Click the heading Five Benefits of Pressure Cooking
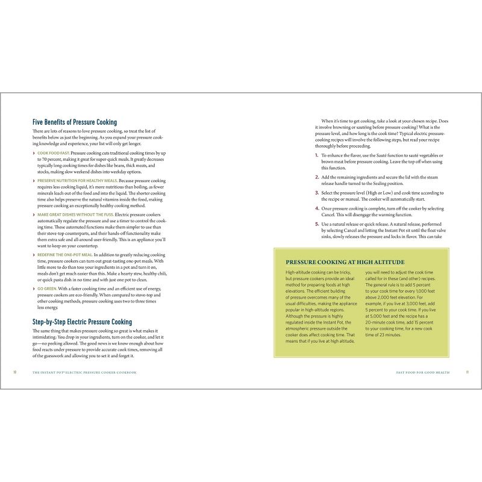click(x=75, y=122)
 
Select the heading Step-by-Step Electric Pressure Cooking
click(x=82, y=322)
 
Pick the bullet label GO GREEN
click(x=47, y=289)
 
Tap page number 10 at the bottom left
click(x=15, y=372)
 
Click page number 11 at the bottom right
click(x=467, y=372)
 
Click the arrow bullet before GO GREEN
click(x=33, y=289)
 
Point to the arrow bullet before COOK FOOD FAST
click(x=33, y=154)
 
